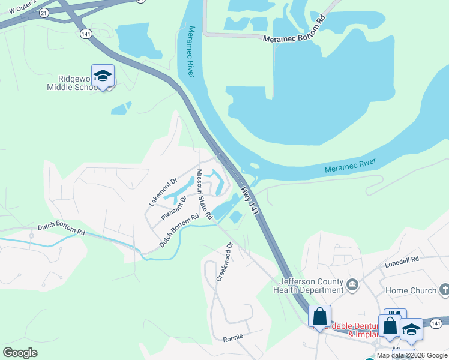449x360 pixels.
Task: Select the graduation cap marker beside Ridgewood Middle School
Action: (x=103, y=76)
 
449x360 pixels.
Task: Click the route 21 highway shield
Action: (x=44, y=13)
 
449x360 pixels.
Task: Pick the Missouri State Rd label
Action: (x=205, y=193)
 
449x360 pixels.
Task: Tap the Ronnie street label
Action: (x=232, y=338)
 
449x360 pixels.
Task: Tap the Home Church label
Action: (x=411, y=291)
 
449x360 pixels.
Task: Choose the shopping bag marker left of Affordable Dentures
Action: (x=319, y=316)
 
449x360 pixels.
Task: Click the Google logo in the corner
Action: (x=20, y=353)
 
